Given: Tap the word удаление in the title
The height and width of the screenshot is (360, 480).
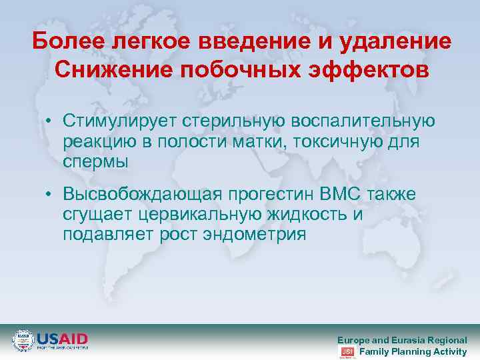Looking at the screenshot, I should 395,41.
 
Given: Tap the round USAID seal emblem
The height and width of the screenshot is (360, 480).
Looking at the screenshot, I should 23,340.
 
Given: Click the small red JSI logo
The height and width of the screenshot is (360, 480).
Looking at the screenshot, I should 347,351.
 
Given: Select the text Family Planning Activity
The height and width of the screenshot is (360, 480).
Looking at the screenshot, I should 413,351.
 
